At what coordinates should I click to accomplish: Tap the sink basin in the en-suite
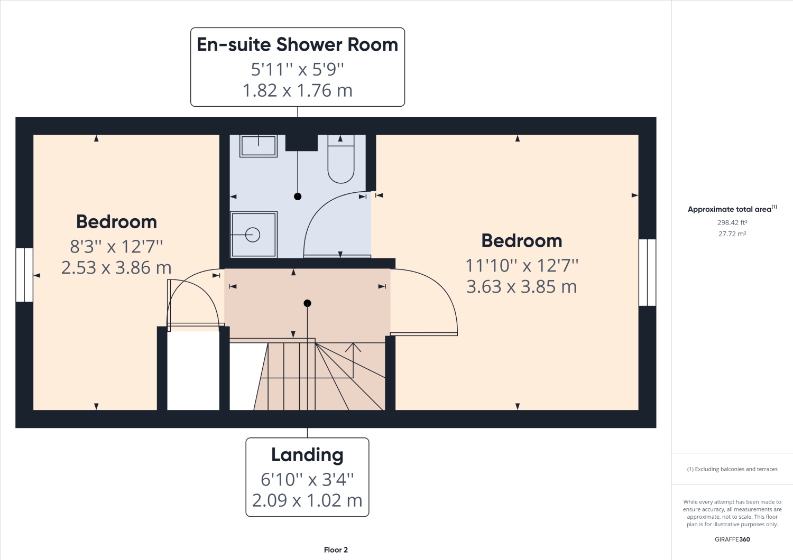(259, 145)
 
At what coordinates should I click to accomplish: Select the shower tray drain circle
(253, 235)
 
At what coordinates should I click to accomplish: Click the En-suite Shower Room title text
(297, 45)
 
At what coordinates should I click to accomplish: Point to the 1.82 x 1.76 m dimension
(297, 91)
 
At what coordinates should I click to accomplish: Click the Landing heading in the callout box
(307, 455)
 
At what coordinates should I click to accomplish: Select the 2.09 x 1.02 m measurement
(307, 500)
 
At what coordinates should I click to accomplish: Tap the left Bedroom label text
(116, 222)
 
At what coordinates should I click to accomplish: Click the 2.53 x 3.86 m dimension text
(116, 268)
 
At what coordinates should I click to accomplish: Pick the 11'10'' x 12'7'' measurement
(522, 265)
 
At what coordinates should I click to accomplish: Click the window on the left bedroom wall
(24, 275)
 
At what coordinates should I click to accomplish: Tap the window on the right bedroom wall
(647, 273)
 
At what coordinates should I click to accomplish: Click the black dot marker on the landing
(307, 303)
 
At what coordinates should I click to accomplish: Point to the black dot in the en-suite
(298, 197)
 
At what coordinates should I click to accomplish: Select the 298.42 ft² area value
(732, 223)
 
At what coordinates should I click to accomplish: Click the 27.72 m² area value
(732, 234)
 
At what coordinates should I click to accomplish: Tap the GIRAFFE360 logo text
(732, 539)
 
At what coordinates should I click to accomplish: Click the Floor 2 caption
(336, 550)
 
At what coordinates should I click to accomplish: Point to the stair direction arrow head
(353, 346)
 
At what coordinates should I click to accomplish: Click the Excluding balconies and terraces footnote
(732, 469)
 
